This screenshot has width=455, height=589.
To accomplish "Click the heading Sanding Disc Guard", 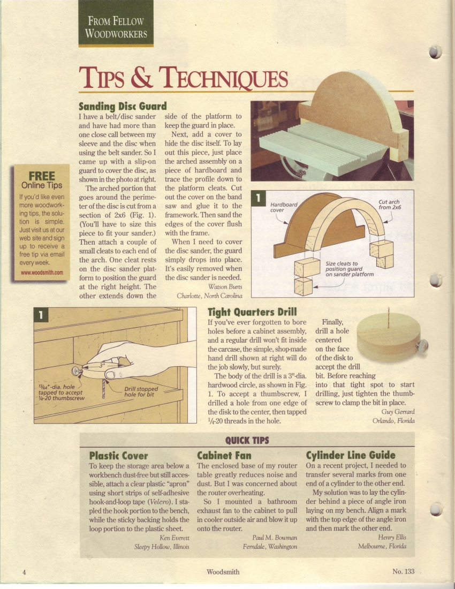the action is (x=123, y=107).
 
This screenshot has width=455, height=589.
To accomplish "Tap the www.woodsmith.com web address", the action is (x=42, y=273).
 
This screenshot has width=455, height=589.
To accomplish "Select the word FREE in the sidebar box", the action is (x=42, y=176).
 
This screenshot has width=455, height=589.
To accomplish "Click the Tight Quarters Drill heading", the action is (x=252, y=312).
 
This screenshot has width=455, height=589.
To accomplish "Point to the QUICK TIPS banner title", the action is (x=247, y=440).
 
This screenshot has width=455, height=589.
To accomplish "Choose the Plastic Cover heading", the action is (x=119, y=456).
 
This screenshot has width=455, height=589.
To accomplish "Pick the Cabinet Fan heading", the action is (x=224, y=456).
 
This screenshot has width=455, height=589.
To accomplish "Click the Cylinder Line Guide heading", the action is (x=351, y=455).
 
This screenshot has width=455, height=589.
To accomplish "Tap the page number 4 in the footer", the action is (x=24, y=572).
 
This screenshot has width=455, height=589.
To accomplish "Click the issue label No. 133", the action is (x=403, y=571).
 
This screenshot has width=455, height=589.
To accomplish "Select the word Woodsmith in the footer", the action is (x=223, y=572).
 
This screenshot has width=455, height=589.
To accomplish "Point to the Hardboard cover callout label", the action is (x=283, y=207).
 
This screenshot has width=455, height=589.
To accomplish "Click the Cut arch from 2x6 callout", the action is (x=389, y=205).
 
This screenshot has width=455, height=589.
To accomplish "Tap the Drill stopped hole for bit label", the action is (x=141, y=392).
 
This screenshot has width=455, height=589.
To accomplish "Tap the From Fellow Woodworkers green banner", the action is (x=116, y=23).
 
